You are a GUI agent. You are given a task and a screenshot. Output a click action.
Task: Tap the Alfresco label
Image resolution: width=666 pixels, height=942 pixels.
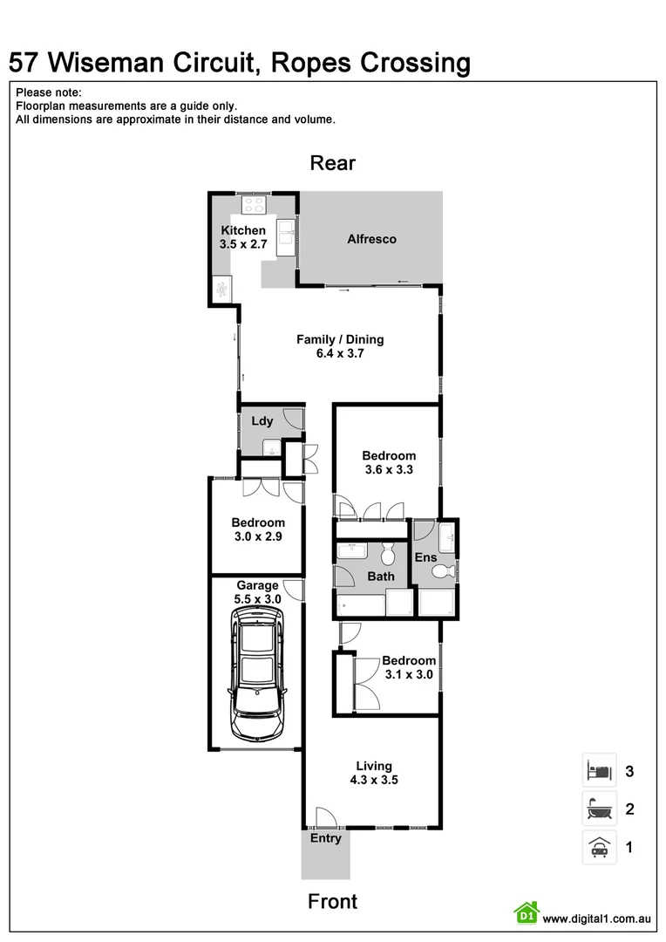(371, 239)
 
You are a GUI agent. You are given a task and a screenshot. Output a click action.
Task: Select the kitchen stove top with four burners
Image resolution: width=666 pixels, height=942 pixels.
(254, 206)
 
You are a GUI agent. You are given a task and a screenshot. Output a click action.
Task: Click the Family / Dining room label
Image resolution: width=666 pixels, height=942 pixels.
(340, 339)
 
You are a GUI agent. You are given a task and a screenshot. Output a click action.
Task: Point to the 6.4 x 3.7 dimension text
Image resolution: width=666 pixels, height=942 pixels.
(340, 354)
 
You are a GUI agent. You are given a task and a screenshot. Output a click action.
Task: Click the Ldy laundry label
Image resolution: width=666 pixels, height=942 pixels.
(262, 421)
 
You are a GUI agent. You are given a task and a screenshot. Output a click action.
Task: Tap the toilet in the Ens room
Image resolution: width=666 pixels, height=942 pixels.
(444, 571)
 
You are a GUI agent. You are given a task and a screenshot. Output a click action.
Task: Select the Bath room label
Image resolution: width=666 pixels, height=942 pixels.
(381, 577)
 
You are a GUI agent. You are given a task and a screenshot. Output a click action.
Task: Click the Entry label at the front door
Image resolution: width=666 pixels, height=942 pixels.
(326, 838)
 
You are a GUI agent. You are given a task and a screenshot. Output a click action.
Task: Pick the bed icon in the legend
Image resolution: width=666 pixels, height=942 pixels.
(599, 771)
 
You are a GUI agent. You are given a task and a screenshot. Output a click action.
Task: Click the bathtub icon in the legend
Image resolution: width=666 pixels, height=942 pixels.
(599, 809)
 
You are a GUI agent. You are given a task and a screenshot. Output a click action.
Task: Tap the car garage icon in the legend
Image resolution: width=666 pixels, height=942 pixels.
(599, 847)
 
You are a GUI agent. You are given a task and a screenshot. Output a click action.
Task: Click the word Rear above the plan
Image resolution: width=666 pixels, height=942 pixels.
(333, 163)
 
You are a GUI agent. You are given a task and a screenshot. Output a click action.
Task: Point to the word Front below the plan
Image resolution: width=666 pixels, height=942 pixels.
(332, 901)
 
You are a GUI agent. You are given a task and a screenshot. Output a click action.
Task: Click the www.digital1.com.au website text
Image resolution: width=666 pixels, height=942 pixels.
(597, 918)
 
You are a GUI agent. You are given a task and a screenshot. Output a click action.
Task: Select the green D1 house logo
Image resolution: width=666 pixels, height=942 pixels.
(526, 913)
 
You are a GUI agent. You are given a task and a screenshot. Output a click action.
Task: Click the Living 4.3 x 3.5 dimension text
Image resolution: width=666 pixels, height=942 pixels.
(373, 781)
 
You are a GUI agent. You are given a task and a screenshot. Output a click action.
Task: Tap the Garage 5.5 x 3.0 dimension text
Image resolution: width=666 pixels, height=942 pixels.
(257, 599)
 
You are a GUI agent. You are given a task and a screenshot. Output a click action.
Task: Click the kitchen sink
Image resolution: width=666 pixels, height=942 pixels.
(285, 236)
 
